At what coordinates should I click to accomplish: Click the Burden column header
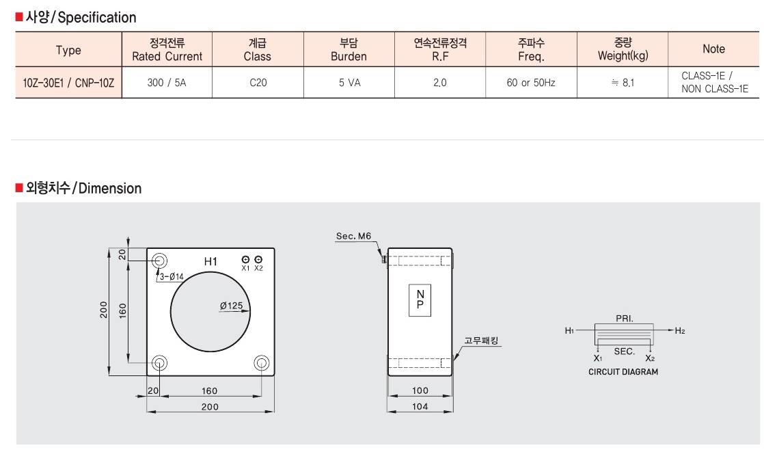349,49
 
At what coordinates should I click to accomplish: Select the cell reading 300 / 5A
167,83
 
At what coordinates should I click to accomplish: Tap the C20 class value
258,83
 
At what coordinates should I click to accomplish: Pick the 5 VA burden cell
349,83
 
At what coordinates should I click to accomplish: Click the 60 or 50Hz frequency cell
530,83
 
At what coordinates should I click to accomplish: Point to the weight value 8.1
623,83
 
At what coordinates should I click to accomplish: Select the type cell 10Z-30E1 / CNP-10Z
68,83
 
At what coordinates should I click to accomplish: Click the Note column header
714,49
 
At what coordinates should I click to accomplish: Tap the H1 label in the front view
210,262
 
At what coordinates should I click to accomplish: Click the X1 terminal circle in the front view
245,259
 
